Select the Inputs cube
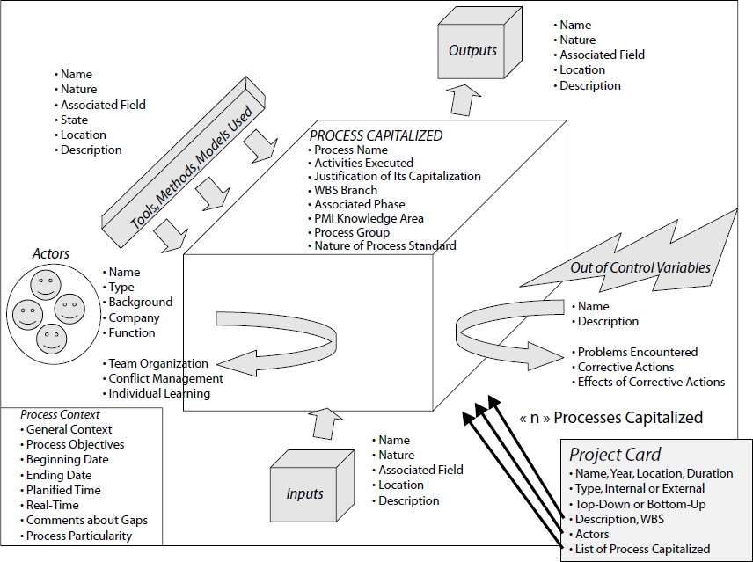(304, 493)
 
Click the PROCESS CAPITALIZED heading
(376, 135)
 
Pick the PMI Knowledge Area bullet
(369, 218)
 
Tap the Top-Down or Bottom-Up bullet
(640, 504)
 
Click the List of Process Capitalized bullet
(642, 549)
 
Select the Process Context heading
(61, 414)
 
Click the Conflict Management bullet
(165, 378)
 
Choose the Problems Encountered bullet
(637, 352)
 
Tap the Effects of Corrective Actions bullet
(651, 382)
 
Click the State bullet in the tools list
(74, 120)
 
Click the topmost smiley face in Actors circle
(44, 285)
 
